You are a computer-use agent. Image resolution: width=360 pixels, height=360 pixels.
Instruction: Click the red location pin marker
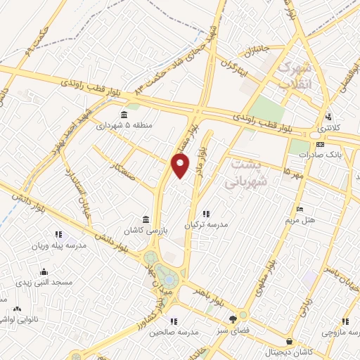(x=181, y=166)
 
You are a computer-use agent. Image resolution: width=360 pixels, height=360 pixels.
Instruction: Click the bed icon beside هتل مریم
(x=300, y=209)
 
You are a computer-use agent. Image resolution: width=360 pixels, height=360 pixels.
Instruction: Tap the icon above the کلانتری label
(x=328, y=117)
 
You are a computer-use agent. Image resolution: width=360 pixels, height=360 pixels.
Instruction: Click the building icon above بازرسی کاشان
(x=146, y=219)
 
